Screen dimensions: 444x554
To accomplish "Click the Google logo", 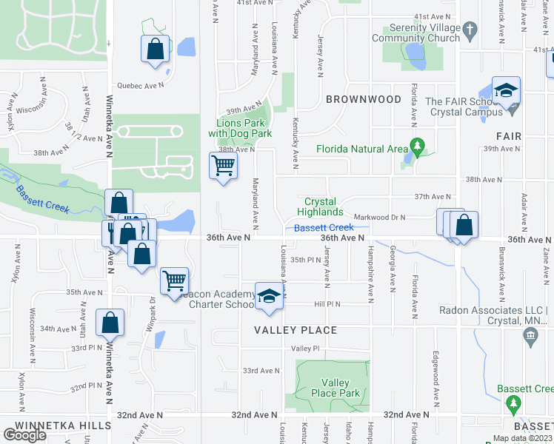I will click(25, 435).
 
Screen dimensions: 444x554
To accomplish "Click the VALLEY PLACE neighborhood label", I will click(296, 330).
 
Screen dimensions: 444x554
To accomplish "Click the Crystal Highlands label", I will click(321, 206).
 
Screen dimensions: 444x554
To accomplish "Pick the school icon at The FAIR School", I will click(507, 90).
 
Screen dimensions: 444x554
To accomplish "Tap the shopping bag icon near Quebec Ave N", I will click(156, 49).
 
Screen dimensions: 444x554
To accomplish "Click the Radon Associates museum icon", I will click(530, 337).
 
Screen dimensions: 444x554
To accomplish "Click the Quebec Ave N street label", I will click(143, 86).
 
